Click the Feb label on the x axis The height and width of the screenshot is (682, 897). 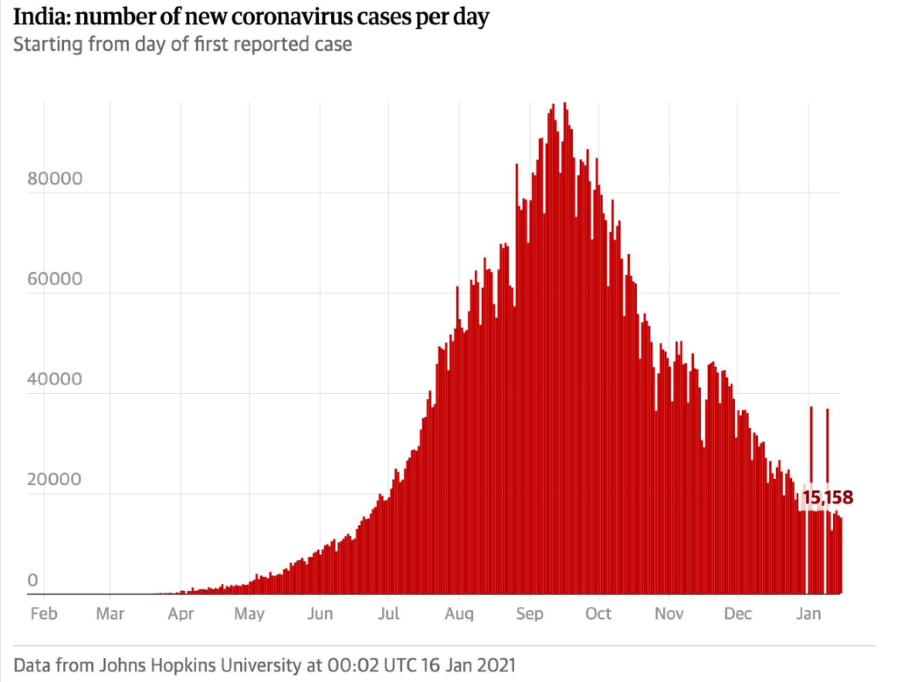(x=44, y=613)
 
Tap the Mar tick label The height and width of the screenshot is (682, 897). (x=110, y=613)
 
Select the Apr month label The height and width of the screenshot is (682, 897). (x=181, y=614)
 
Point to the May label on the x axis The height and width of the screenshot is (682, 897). (x=249, y=614)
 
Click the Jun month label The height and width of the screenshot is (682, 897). (x=320, y=613)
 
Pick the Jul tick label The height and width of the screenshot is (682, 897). (x=389, y=613)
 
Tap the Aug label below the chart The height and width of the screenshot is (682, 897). (x=459, y=614)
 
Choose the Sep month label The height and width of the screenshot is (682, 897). (x=529, y=614)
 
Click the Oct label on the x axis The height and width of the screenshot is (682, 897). (x=598, y=613)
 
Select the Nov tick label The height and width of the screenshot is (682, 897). (x=669, y=613)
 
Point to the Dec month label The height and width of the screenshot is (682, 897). (x=738, y=613)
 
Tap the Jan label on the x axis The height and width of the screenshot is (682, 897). (x=808, y=613)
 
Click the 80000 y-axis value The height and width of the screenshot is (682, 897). (x=54, y=179)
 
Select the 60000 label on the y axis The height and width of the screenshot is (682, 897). (x=54, y=278)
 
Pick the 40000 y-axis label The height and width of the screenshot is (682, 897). (x=54, y=379)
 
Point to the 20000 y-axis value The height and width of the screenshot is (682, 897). (x=54, y=479)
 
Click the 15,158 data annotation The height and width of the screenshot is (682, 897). (x=827, y=497)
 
